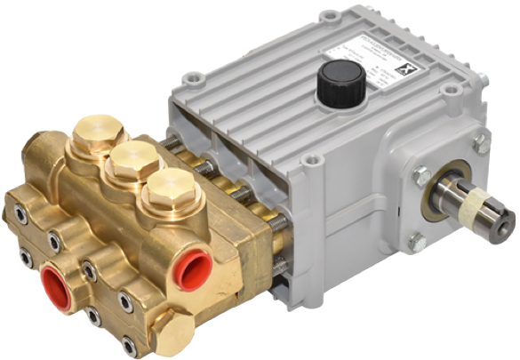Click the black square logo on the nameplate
pos(407,52)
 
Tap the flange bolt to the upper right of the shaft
pos(481,142)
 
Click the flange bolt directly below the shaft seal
pos(418,242)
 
